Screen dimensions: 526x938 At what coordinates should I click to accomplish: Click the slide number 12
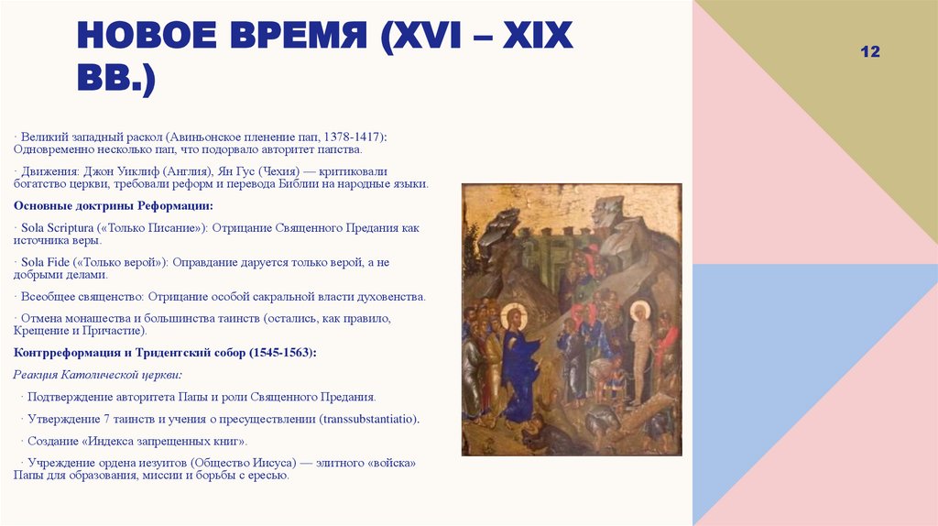(869, 52)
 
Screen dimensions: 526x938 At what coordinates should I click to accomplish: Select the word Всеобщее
(44, 297)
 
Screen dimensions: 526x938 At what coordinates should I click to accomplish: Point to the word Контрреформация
(63, 353)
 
